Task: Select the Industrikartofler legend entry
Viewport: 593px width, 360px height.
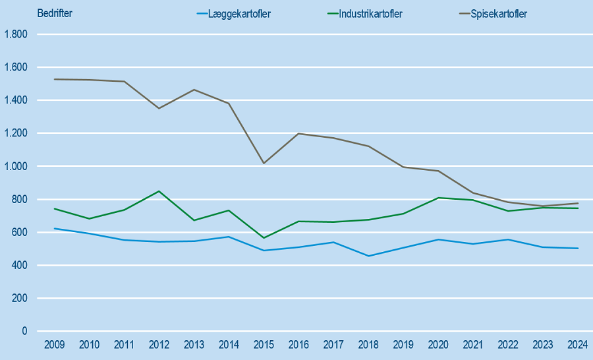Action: tap(370, 14)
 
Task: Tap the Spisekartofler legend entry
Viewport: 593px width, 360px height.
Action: tap(498, 14)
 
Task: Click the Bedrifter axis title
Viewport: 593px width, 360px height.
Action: tap(55, 14)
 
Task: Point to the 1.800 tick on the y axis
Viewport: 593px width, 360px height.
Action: tap(16, 34)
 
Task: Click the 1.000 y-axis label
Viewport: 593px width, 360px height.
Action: tap(16, 166)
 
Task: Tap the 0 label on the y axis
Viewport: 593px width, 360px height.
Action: tap(24, 331)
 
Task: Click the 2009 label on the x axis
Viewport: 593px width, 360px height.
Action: tap(54, 345)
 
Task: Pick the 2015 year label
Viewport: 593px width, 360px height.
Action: tap(264, 345)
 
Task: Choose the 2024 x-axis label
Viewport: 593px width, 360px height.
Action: tap(577, 345)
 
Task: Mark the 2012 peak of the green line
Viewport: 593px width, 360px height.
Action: tap(159, 191)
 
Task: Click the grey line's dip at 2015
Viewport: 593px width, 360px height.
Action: tap(264, 163)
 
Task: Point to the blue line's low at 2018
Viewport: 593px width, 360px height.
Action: tap(368, 256)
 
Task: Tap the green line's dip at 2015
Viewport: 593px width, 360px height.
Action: tap(264, 238)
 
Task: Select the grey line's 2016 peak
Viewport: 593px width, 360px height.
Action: tap(298, 134)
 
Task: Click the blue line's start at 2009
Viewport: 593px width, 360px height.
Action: tap(54, 228)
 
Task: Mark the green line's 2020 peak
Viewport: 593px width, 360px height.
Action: tap(438, 198)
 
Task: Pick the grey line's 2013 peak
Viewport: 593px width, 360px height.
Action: tap(194, 90)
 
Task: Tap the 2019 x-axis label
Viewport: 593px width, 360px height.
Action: tap(403, 345)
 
